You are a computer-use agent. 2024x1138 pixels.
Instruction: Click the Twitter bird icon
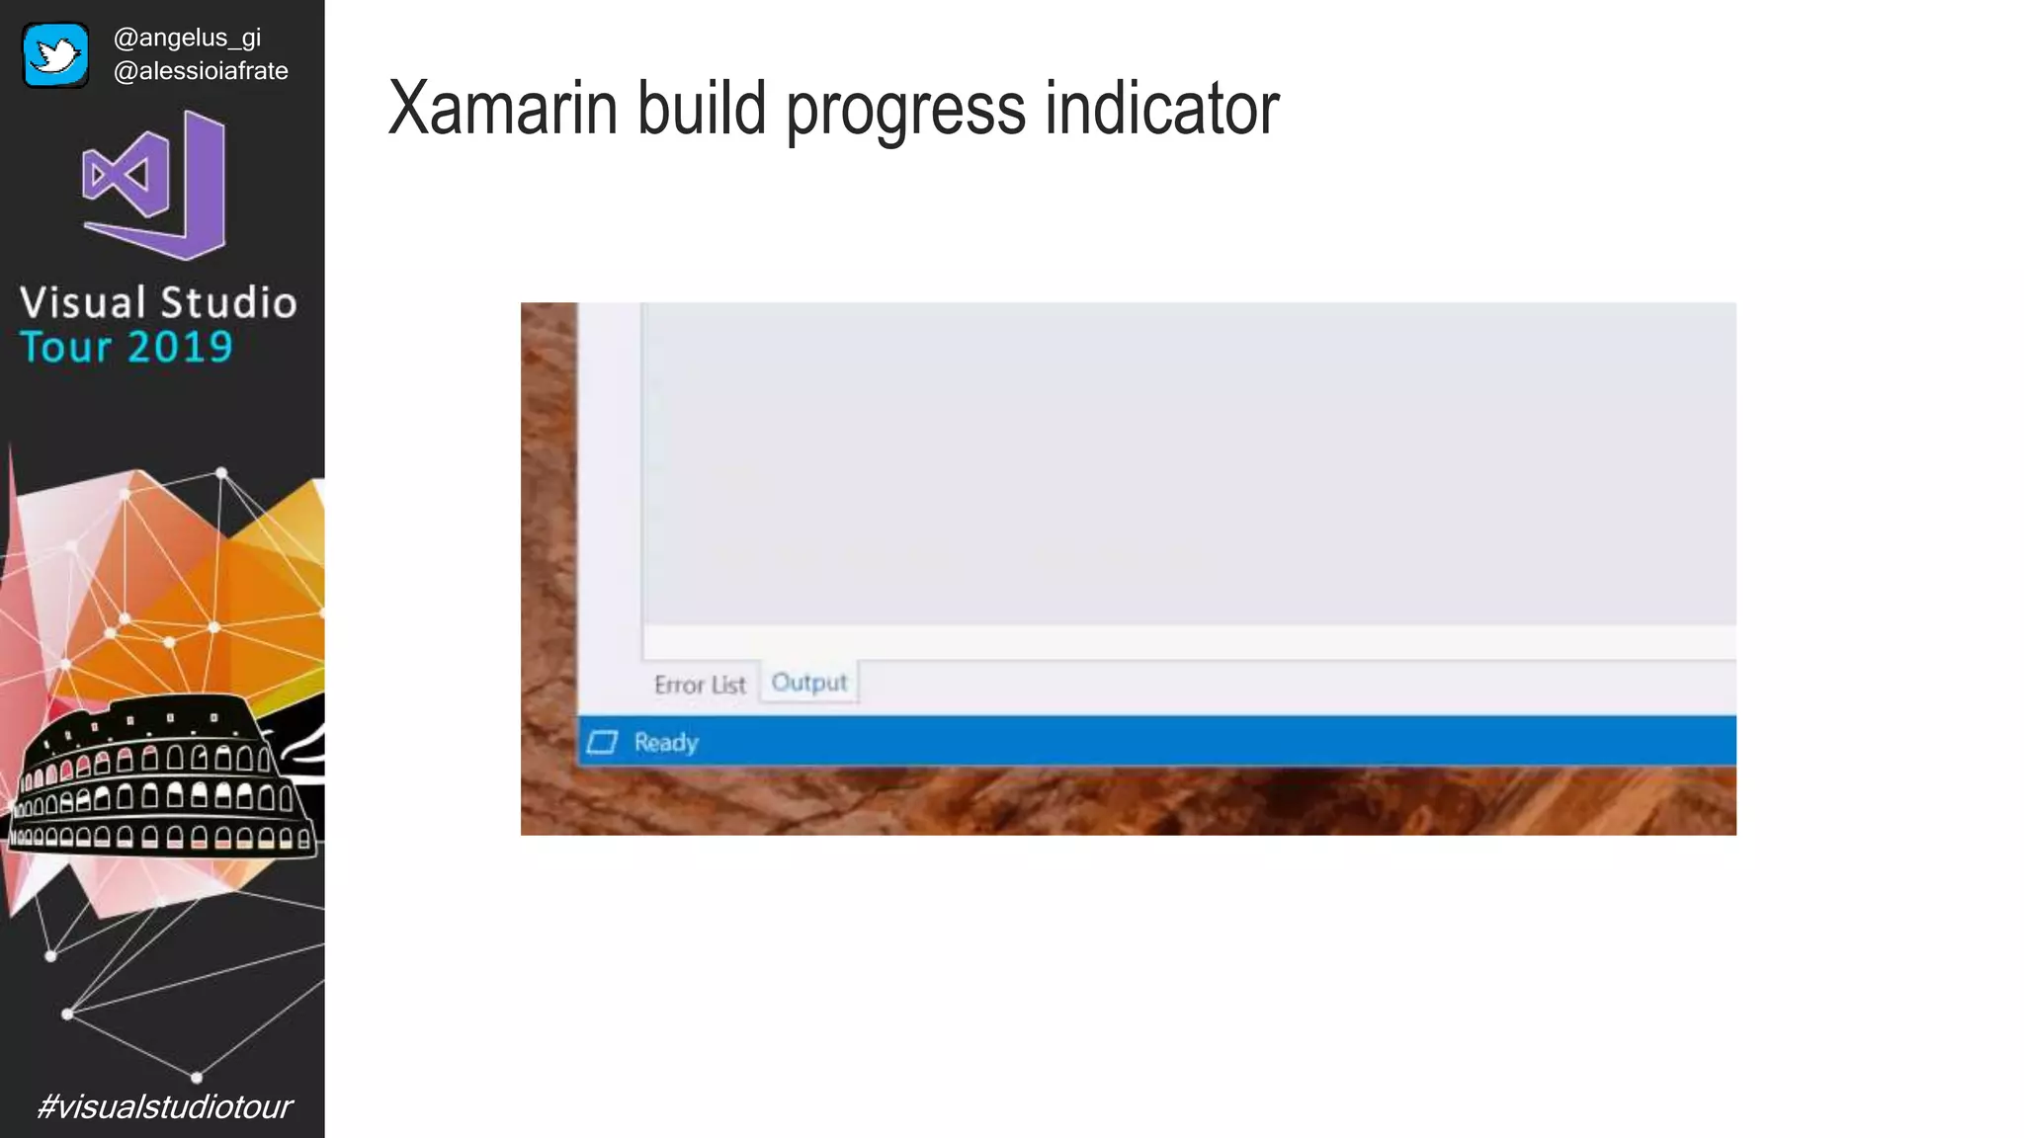pos(55,55)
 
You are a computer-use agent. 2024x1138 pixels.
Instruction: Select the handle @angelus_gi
pos(187,38)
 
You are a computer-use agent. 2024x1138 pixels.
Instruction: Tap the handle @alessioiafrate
pos(201,71)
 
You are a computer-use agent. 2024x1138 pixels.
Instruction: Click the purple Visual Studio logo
pos(155,185)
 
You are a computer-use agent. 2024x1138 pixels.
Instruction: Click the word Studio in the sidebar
pos(228,302)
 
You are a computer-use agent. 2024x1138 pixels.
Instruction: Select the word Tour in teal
pos(65,347)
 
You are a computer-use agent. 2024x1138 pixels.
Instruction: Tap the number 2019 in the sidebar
pos(180,347)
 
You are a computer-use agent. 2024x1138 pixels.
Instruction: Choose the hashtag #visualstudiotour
pos(164,1106)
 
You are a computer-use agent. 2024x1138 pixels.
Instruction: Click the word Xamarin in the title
pos(502,108)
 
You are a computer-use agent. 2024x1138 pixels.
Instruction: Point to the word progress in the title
pos(905,111)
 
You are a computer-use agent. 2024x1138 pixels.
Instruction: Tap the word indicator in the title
pos(1162,108)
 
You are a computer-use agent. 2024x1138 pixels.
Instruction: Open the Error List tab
pos(700,685)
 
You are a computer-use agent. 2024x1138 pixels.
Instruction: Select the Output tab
pos(808,683)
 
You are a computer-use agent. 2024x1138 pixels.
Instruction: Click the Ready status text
pos(666,742)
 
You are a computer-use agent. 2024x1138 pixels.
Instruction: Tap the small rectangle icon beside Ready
pos(602,742)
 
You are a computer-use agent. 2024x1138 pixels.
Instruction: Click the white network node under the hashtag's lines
pos(197,1077)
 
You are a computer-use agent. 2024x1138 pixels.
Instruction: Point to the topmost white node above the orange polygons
pos(221,473)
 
